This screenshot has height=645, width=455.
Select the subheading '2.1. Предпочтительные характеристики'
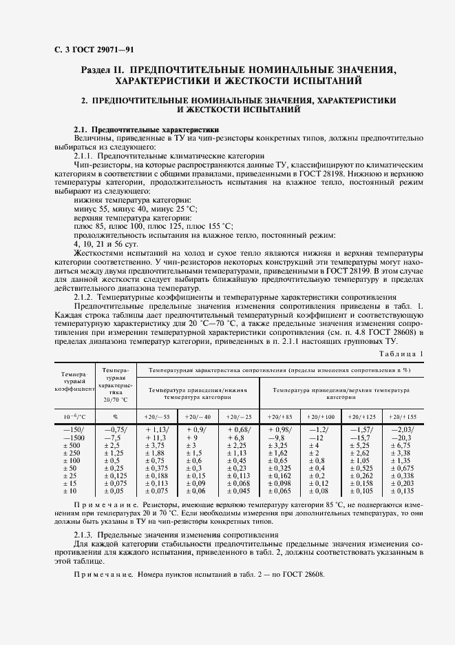click(x=146, y=129)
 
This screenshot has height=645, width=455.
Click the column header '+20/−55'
click(x=157, y=418)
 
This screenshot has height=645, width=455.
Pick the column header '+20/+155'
click(x=403, y=418)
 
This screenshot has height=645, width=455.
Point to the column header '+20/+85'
click(x=279, y=418)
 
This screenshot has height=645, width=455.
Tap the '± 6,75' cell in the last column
click(x=403, y=445)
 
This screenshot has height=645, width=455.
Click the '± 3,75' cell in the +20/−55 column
click(x=157, y=445)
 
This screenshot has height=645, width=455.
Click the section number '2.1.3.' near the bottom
click(x=86, y=534)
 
